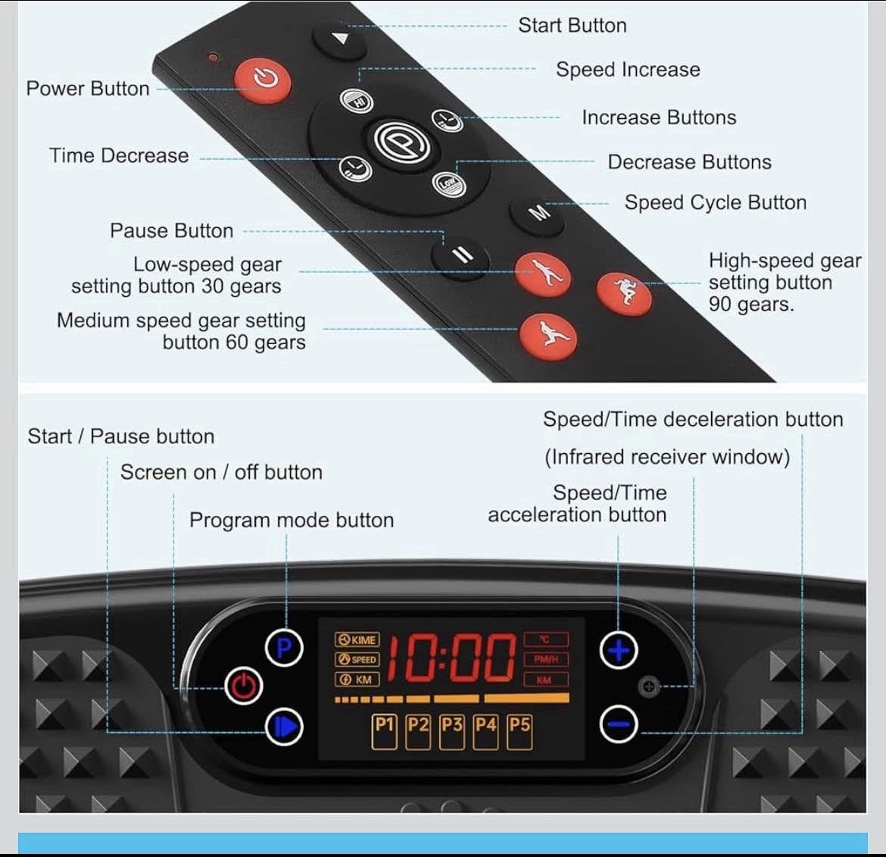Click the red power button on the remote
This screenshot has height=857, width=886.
(263, 79)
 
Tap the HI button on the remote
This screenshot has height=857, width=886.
(357, 101)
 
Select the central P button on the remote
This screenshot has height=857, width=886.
(402, 142)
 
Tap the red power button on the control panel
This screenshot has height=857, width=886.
(243, 687)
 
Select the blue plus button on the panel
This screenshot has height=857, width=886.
(619, 650)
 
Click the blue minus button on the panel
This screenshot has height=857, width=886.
(619, 725)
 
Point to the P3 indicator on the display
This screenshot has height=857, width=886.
(452, 731)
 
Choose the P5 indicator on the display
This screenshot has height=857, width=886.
(519, 731)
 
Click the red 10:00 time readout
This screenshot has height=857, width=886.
(451, 658)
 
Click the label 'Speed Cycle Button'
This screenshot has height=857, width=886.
(715, 202)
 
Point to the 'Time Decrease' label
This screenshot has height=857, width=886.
(119, 155)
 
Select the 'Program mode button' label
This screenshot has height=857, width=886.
(292, 520)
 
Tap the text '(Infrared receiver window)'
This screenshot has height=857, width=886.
(666, 457)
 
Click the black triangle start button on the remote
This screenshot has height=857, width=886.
(340, 39)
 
